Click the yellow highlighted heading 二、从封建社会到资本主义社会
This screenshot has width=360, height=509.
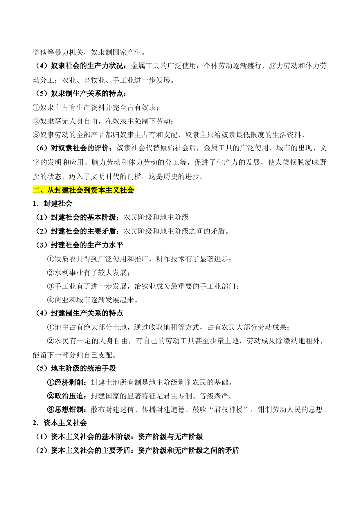click(83, 190)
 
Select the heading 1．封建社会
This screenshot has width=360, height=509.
click(53, 204)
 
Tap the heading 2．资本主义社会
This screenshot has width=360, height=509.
click(60, 423)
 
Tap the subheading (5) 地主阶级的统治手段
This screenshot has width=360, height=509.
click(75, 368)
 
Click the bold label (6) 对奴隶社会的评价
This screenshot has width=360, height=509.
click(71, 148)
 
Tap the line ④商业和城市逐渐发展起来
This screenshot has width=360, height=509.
click(92, 300)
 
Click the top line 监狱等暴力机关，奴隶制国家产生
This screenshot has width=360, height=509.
click(89, 53)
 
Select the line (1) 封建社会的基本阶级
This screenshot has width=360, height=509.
click(111, 217)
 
